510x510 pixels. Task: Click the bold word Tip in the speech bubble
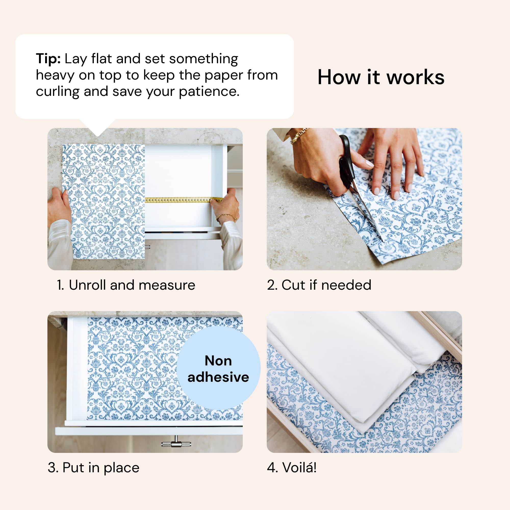(x=48, y=59)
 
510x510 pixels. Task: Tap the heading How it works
(x=381, y=77)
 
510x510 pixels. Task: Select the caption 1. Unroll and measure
(x=126, y=285)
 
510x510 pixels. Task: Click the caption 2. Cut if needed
(x=319, y=285)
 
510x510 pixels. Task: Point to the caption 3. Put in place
(x=93, y=468)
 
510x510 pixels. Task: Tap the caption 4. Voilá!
(x=291, y=468)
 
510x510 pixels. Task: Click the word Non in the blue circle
(x=218, y=361)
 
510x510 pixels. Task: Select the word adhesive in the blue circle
(x=218, y=377)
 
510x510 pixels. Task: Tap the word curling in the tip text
(x=58, y=92)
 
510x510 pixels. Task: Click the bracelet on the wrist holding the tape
(x=226, y=217)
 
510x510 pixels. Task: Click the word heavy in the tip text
(x=55, y=75)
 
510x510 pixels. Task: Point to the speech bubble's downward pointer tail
(x=98, y=128)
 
